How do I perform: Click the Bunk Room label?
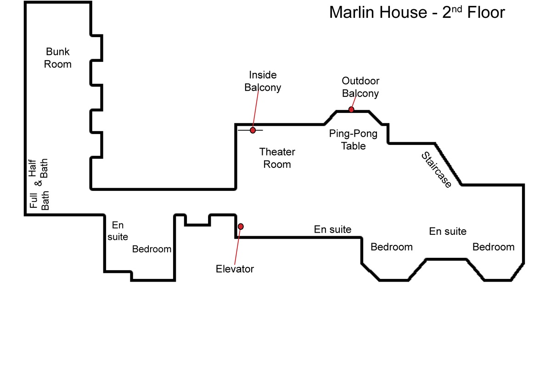click(x=57, y=58)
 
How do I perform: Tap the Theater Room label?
click(x=277, y=158)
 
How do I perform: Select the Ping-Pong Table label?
click(x=353, y=139)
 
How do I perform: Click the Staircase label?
click(x=436, y=170)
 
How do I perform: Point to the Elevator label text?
click(x=235, y=269)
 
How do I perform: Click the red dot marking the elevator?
click(x=241, y=227)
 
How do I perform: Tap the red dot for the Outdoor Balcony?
click(x=351, y=109)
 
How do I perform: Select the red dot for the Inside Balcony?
click(x=253, y=130)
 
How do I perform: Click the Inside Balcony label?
click(x=263, y=81)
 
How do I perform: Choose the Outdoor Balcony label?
click(x=360, y=87)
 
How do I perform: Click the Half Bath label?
click(x=38, y=168)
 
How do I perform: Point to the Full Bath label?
click(x=39, y=200)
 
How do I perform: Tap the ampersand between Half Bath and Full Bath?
click(x=38, y=183)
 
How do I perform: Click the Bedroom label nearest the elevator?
click(x=152, y=249)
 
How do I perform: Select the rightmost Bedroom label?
click(x=494, y=247)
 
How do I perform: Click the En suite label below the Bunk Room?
click(x=118, y=231)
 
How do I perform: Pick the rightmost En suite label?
click(x=448, y=231)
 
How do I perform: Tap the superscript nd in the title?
click(x=457, y=9)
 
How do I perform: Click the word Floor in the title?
click(x=486, y=12)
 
